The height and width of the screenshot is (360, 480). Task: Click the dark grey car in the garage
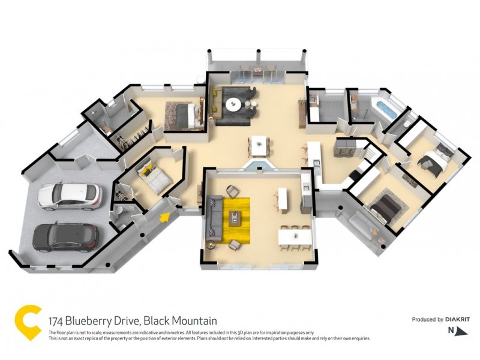(65, 237)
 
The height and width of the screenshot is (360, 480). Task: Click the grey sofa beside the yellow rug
(213, 219)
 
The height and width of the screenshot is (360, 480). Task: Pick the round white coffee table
(234, 106)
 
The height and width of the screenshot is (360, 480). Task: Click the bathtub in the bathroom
(382, 109)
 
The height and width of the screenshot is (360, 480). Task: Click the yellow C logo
(28, 323)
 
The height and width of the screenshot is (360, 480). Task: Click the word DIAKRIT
(455, 319)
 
